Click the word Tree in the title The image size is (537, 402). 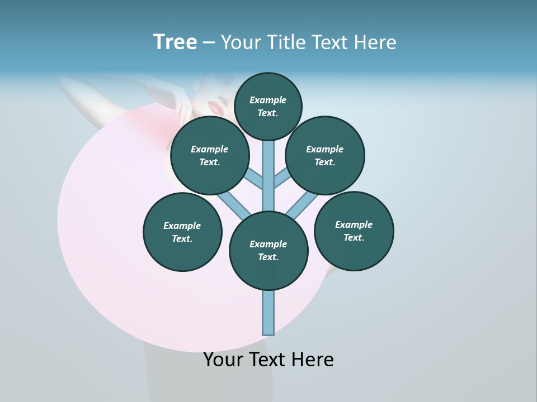coord(175,42)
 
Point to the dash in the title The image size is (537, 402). coord(209,43)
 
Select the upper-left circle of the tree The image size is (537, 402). coord(210,155)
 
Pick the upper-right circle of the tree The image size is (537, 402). coord(325,155)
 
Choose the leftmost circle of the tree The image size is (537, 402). coord(182,232)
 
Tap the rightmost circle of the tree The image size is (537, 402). coord(354,231)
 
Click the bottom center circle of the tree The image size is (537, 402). coord(268,250)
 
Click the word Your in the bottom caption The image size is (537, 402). coord(222,360)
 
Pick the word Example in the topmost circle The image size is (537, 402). coord(268,100)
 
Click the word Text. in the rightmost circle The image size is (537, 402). coord(354,237)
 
